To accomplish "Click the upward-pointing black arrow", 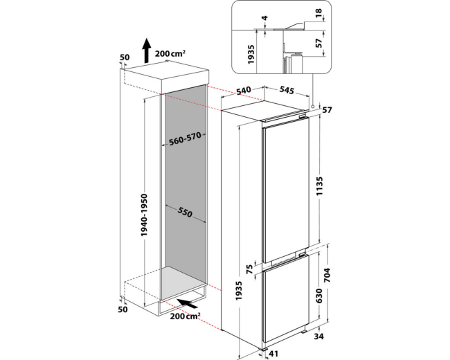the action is (x=147, y=51).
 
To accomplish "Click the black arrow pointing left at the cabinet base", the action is (x=187, y=303).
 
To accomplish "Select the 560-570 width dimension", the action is (x=185, y=139).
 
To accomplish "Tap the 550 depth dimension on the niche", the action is (x=185, y=212).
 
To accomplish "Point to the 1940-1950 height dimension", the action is (x=145, y=215).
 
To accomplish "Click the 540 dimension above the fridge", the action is (x=244, y=91).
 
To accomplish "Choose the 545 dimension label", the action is (x=287, y=90).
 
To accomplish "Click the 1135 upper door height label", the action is (x=319, y=186).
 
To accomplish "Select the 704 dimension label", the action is (x=327, y=275).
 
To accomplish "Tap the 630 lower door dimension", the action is (x=319, y=296).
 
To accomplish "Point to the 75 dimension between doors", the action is (x=249, y=269).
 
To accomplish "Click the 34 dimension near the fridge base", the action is (x=318, y=336).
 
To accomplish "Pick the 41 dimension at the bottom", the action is (x=273, y=354).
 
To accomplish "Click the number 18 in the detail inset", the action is (x=318, y=13).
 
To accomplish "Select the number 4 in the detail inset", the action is (x=264, y=18).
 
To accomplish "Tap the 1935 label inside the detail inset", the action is (x=251, y=54).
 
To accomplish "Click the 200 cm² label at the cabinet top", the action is (x=170, y=53).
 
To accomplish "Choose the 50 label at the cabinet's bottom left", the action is (x=123, y=309).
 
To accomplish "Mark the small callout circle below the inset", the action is (x=312, y=106).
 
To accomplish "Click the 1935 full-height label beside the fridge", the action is (x=239, y=291).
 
